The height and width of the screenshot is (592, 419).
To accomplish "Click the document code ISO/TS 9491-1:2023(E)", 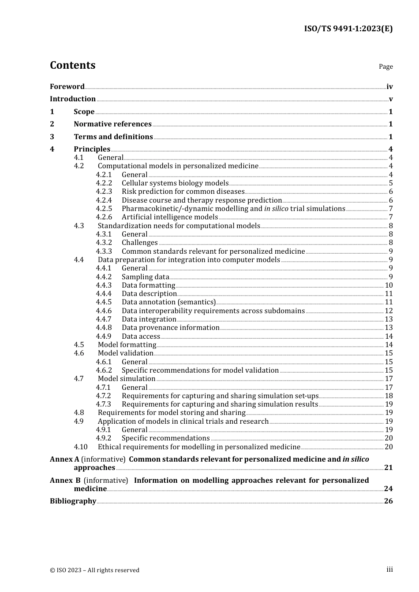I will pyautogui.click(x=348, y=29).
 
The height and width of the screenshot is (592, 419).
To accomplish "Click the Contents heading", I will pyautogui.click(x=72, y=65).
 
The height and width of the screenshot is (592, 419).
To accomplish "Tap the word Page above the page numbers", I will pyautogui.click(x=385, y=67).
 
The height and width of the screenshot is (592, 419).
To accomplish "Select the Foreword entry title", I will pyautogui.click(x=67, y=87).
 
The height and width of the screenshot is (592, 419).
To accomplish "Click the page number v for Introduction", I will pyautogui.click(x=390, y=99).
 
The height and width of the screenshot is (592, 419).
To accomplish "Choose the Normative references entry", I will pyautogui.click(x=112, y=124).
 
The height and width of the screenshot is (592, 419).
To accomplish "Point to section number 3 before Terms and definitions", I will pyautogui.click(x=52, y=137).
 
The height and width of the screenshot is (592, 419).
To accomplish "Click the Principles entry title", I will pyautogui.click(x=92, y=149).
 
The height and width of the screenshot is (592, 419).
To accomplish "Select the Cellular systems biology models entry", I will pyautogui.click(x=175, y=183).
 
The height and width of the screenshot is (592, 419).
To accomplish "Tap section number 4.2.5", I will pyautogui.click(x=104, y=209).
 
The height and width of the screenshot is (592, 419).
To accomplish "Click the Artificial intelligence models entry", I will pyautogui.click(x=170, y=217).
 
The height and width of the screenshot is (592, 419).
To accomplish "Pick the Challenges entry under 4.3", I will pyautogui.click(x=139, y=243).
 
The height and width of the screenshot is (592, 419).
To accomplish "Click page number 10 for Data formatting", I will pyautogui.click(x=389, y=285).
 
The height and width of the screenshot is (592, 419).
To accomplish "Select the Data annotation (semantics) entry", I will pyautogui.click(x=168, y=302).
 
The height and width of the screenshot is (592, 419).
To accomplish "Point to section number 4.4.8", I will pyautogui.click(x=104, y=328).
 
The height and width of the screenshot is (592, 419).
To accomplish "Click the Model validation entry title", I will pyautogui.click(x=125, y=353).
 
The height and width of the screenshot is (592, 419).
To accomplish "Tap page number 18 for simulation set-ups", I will pyautogui.click(x=389, y=396).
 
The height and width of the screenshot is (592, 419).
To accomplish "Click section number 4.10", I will pyautogui.click(x=81, y=447).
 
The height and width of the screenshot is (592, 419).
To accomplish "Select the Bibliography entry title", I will pyautogui.click(x=73, y=501).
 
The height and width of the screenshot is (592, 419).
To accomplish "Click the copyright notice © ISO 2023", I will pyautogui.click(x=94, y=570).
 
